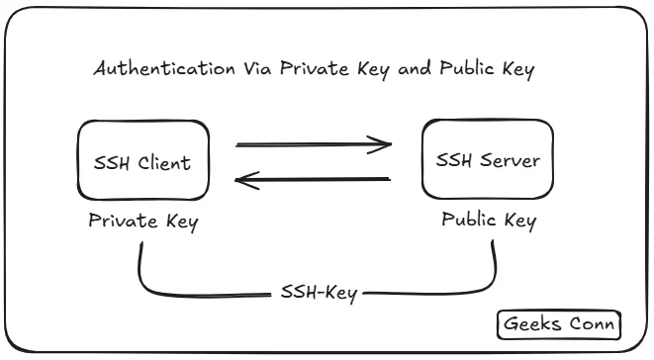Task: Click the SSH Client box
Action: (142, 161)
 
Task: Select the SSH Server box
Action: (487, 159)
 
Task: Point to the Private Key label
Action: (142, 222)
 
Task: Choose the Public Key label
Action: (488, 220)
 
